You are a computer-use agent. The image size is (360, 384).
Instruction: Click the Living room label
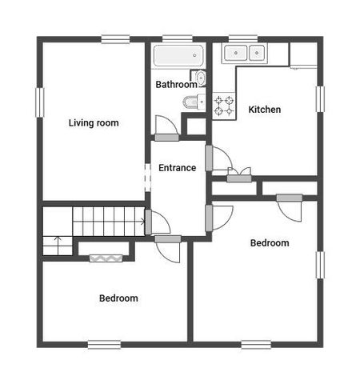94,122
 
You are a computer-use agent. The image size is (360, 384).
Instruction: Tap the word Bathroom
176,84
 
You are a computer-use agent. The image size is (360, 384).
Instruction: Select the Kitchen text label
264,110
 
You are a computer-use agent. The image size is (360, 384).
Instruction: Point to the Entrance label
177,168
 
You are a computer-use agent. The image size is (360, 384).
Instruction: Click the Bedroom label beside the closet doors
118,298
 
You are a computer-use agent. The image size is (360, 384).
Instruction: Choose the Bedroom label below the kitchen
270,243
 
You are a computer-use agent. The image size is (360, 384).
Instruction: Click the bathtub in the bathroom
178,57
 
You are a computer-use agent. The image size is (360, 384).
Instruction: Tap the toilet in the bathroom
193,102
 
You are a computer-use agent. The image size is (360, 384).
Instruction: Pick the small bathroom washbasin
201,78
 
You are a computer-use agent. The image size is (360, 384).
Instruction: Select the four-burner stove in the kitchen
223,105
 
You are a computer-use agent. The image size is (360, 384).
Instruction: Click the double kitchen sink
244,54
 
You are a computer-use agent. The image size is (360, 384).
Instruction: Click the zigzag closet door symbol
105,257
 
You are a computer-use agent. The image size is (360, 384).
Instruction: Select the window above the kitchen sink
242,38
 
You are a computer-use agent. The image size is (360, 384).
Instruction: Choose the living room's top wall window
116,38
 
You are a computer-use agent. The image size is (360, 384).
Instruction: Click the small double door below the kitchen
238,172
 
